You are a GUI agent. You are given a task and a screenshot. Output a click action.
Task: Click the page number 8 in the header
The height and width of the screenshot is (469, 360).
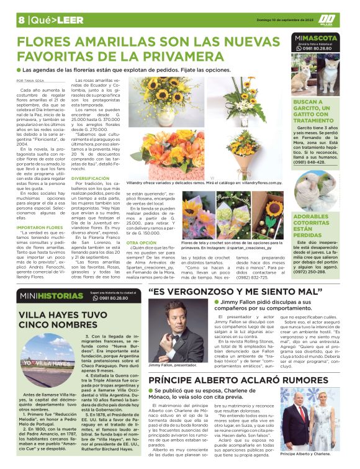pos(21,20)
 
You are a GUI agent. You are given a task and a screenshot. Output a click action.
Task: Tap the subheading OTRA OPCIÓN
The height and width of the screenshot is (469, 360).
pos(140,242)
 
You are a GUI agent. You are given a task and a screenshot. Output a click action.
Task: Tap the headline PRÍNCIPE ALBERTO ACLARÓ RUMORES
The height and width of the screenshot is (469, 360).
pos(243,379)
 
